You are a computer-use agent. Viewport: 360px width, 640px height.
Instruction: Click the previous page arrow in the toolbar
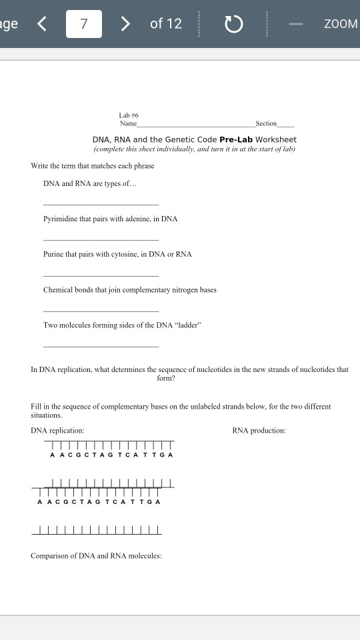(x=42, y=24)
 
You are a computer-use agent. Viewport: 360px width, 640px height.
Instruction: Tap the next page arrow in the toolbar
(x=125, y=24)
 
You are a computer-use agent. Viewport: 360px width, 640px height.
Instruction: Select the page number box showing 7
(x=84, y=24)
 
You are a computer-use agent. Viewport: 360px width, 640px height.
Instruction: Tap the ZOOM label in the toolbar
(x=341, y=24)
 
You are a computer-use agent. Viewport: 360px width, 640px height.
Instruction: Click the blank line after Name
(x=196, y=125)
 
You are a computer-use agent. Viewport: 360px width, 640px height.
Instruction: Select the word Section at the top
(x=265, y=124)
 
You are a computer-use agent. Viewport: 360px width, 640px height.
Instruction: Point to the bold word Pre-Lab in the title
(x=234, y=139)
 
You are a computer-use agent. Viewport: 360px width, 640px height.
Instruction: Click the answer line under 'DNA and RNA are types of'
(x=101, y=204)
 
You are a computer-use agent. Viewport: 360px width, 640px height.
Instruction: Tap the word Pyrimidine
(x=61, y=219)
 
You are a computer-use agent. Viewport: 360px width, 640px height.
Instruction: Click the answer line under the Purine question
(x=101, y=275)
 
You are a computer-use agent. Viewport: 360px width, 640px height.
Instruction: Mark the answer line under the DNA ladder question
(x=101, y=346)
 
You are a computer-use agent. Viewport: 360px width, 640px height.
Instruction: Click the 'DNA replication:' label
(x=57, y=431)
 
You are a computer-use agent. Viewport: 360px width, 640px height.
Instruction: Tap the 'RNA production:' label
(x=259, y=431)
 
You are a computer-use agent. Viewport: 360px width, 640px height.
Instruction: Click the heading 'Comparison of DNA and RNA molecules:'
(x=96, y=556)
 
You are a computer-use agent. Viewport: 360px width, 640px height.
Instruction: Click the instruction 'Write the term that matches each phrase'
(x=92, y=165)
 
